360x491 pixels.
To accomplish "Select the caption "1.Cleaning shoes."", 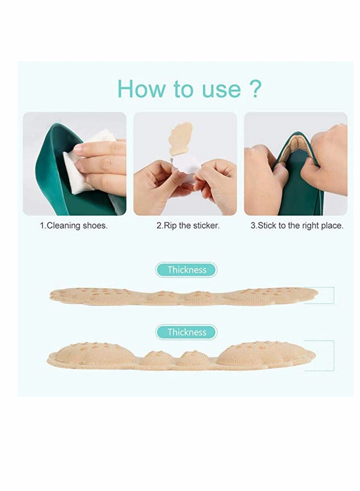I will pos(74,226).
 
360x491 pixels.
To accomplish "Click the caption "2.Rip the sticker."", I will pos(188,226).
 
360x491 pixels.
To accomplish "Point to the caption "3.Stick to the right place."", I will pos(297,226).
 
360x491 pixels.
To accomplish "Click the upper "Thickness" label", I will pos(186,270).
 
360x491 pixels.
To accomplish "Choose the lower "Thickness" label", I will pos(186,332).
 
